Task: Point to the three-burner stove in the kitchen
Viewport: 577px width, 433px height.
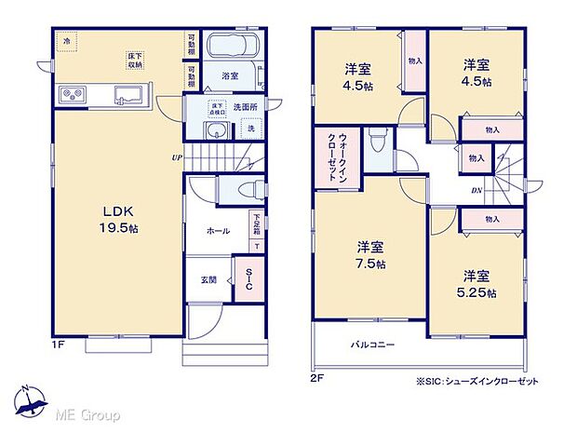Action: point(74,95)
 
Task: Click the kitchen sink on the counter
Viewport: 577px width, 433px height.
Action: point(127,95)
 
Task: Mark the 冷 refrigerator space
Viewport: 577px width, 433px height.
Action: point(66,42)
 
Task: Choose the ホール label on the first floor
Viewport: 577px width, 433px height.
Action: point(219,231)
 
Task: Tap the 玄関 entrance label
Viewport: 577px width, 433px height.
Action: point(210,278)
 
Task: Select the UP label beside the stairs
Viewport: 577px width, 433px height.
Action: point(176,156)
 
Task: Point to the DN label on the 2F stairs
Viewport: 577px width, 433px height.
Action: point(476,191)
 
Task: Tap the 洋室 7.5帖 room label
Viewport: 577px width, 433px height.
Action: point(370,254)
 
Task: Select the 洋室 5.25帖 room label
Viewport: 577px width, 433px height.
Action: point(477,284)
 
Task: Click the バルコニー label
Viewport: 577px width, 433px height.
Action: point(372,345)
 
